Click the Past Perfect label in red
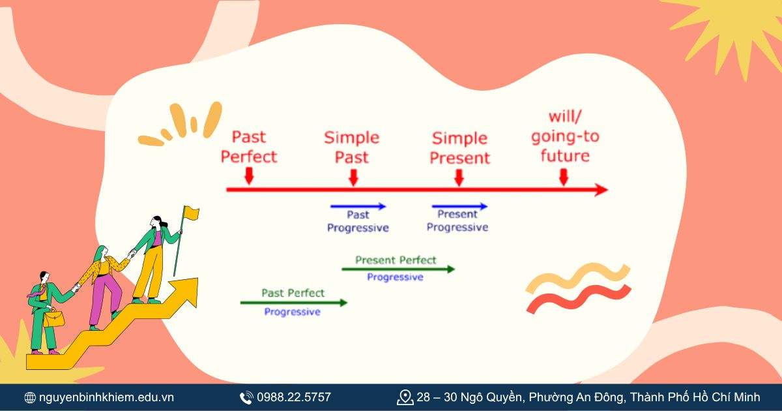pyautogui.click(x=249, y=147)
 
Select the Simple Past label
pyautogui.click(x=352, y=147)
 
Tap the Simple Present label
pyautogui.click(x=459, y=148)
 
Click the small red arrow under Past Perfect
pyautogui.click(x=248, y=176)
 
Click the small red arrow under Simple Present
pyautogui.click(x=459, y=177)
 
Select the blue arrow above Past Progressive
pyautogui.click(x=358, y=206)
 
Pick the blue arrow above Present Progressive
pyautogui.click(x=459, y=206)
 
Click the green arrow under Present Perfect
pyautogui.click(x=398, y=269)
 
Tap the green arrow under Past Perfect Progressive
pyautogui.click(x=293, y=302)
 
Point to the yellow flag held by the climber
pyautogui.click(x=191, y=212)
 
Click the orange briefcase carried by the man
pyautogui.click(x=54, y=319)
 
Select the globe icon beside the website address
pyautogui.click(x=30, y=397)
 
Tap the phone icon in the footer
pyautogui.click(x=246, y=397)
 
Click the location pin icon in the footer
pyautogui.click(x=405, y=397)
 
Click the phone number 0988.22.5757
pyautogui.click(x=294, y=397)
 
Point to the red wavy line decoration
pyautogui.click(x=577, y=298)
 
